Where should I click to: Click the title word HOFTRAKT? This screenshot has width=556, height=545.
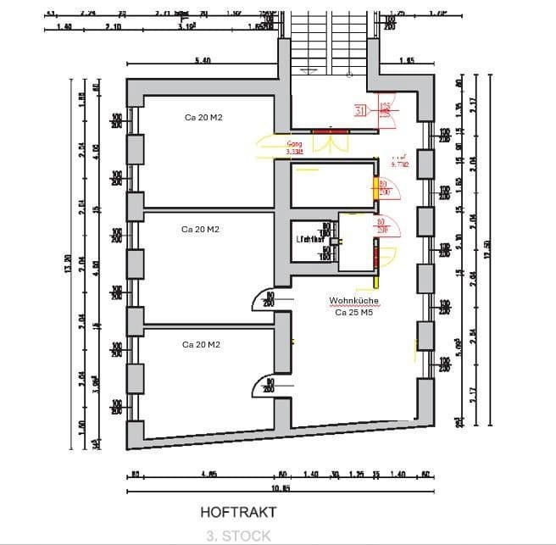pyautogui.click(x=238, y=512)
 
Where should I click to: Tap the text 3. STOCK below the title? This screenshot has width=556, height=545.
pyautogui.click(x=238, y=536)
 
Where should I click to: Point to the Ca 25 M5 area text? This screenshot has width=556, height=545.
pyautogui.click(x=353, y=313)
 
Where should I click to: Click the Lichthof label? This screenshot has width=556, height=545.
pyautogui.click(x=310, y=240)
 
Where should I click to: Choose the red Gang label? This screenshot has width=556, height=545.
pyautogui.click(x=295, y=144)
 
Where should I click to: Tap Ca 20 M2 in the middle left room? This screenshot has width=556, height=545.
pyautogui.click(x=200, y=229)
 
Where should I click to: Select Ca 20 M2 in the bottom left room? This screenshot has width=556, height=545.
pyautogui.click(x=201, y=344)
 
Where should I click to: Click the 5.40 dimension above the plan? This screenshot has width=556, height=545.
pyautogui.click(x=203, y=61)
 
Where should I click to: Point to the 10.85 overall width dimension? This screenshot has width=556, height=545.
pyautogui.click(x=281, y=489)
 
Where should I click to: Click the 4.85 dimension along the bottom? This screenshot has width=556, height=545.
pyautogui.click(x=208, y=475)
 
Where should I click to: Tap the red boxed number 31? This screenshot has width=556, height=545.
pyautogui.click(x=360, y=110)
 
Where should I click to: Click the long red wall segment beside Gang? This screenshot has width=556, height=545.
pyautogui.click(x=326, y=131)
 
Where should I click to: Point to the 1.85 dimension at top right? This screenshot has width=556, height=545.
pyautogui.click(x=406, y=61)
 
